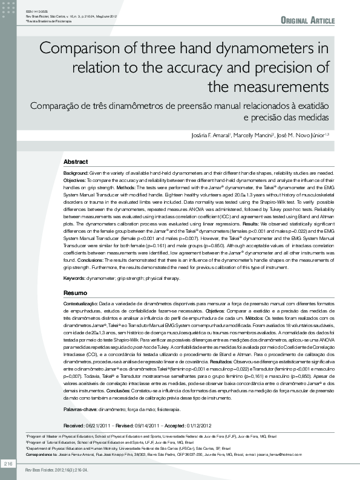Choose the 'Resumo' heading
click(75, 293)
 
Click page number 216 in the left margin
click(8, 463)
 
